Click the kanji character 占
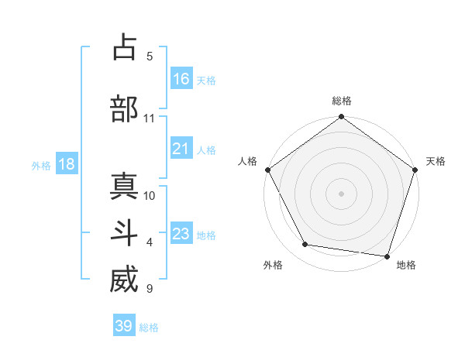(x=124, y=48)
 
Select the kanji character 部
(x=124, y=109)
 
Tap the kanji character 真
(x=124, y=187)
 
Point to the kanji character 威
(x=124, y=280)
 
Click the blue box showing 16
(x=181, y=79)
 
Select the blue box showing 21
(x=181, y=149)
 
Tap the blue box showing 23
(x=181, y=234)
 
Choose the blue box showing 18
(x=66, y=164)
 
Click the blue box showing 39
(x=123, y=326)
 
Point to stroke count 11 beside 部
(x=149, y=118)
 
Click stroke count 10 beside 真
(x=150, y=195)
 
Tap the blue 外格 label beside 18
(x=41, y=165)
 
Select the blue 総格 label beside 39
(x=149, y=328)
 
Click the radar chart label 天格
(x=436, y=161)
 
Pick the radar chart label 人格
(x=247, y=161)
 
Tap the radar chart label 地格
(x=406, y=265)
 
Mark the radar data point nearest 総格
(x=341, y=118)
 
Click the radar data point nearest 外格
(x=305, y=245)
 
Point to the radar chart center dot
(x=341, y=194)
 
